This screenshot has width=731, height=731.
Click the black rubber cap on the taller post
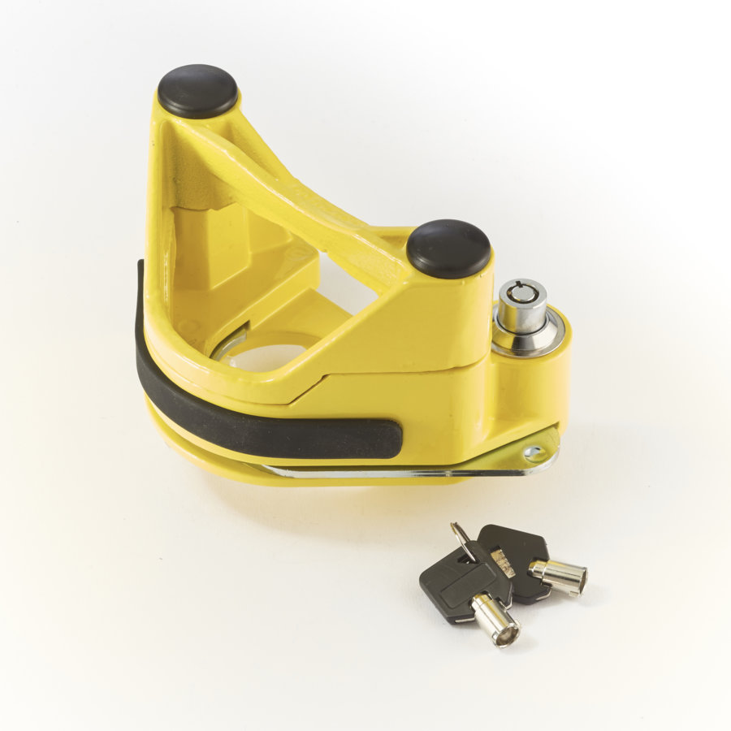tap(197, 89)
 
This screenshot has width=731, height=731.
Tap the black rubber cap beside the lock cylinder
tap(448, 247)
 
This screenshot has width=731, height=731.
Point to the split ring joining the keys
tap(464, 541)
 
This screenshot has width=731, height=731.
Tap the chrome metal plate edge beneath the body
tap(365, 472)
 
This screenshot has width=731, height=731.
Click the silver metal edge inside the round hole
tap(227, 345)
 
